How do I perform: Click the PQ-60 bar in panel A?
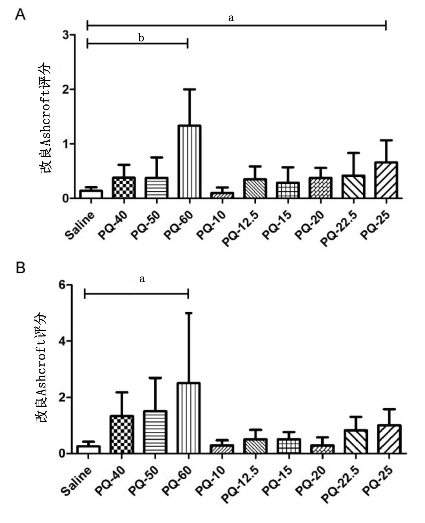pyautogui.click(x=189, y=162)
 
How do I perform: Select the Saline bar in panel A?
pyautogui.click(x=91, y=194)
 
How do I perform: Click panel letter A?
pyautogui.click(x=20, y=15)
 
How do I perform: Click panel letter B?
pyautogui.click(x=20, y=268)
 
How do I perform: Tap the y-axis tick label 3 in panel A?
pyautogui.click(x=65, y=35)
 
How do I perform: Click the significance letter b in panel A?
pyautogui.click(x=141, y=38)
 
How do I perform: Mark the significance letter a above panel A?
pyautogui.click(x=231, y=18)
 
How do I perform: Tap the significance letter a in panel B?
pyautogui.click(x=142, y=279)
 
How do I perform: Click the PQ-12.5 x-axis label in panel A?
pyautogui.click(x=241, y=229)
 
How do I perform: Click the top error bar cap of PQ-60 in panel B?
pyautogui.click(x=188, y=313)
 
